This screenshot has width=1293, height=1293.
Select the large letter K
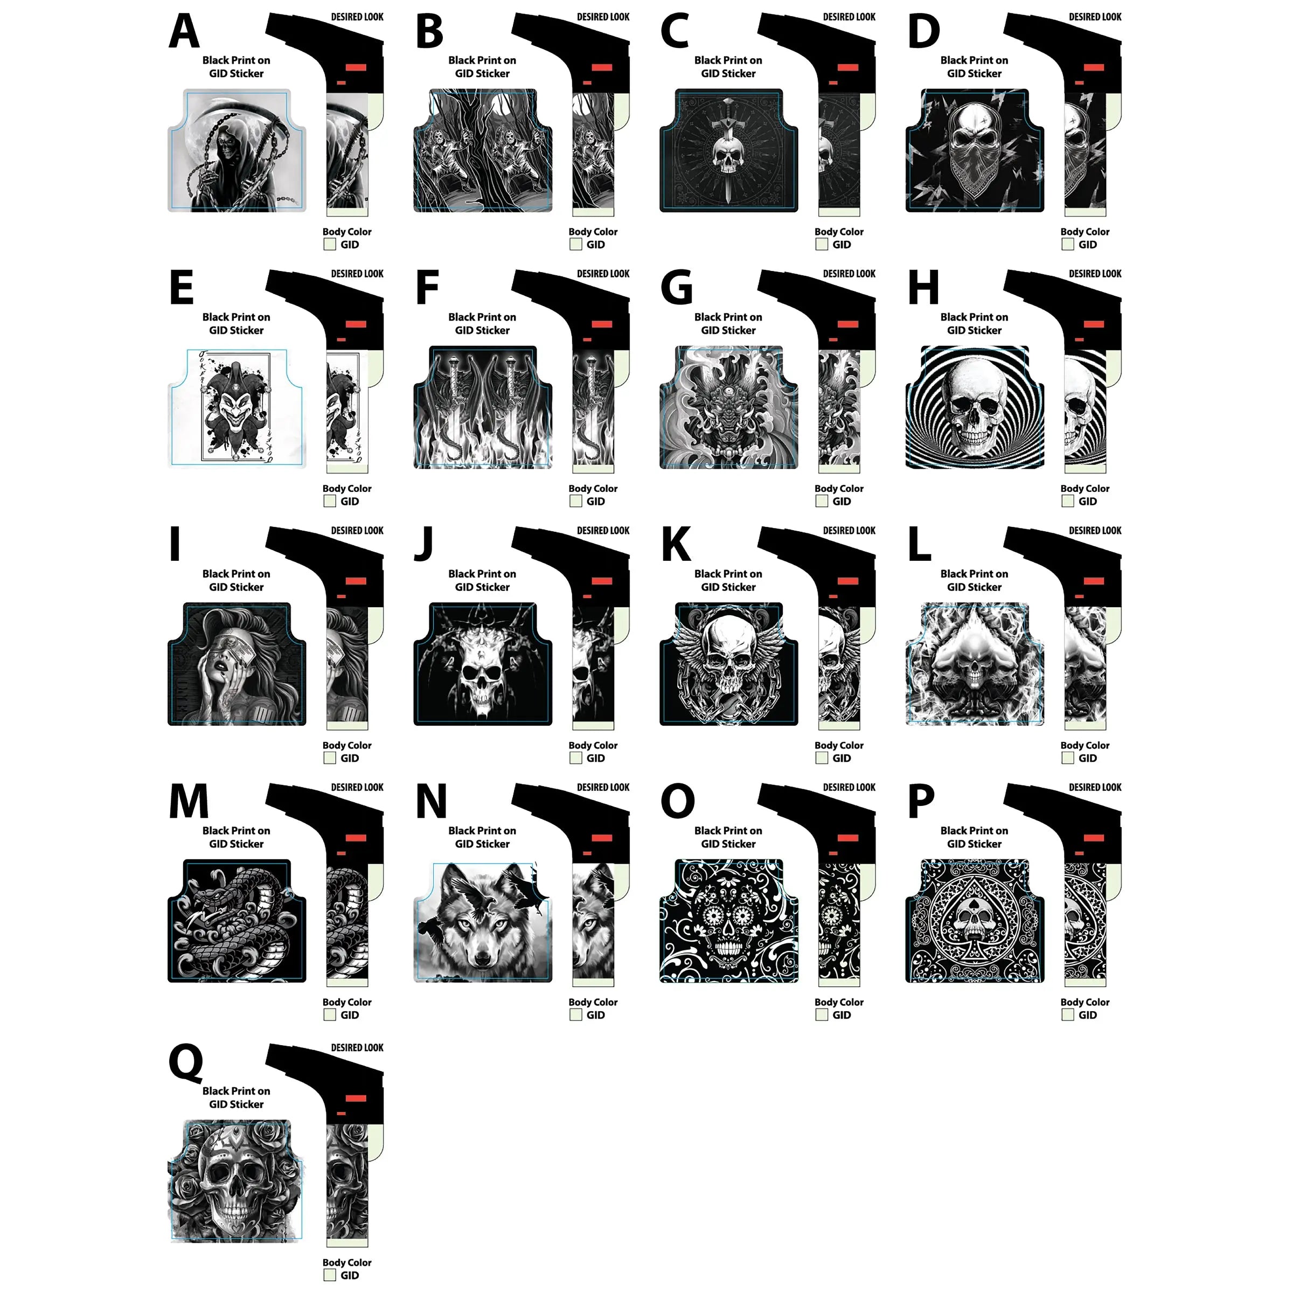click(x=676, y=545)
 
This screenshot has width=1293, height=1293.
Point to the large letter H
click(x=923, y=288)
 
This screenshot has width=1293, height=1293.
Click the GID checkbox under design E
click(x=330, y=501)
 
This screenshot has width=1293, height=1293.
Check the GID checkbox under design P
click(x=1067, y=1014)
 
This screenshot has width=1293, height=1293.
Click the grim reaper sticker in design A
click(x=237, y=151)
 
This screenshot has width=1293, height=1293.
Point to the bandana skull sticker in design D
click(x=975, y=151)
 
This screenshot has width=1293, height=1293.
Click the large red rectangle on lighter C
click(x=848, y=67)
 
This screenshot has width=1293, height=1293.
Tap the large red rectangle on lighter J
click(x=602, y=581)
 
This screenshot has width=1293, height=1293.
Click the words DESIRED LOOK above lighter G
click(x=849, y=274)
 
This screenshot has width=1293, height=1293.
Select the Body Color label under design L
click(x=1084, y=745)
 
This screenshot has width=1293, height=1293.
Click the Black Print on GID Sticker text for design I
click(x=237, y=580)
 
